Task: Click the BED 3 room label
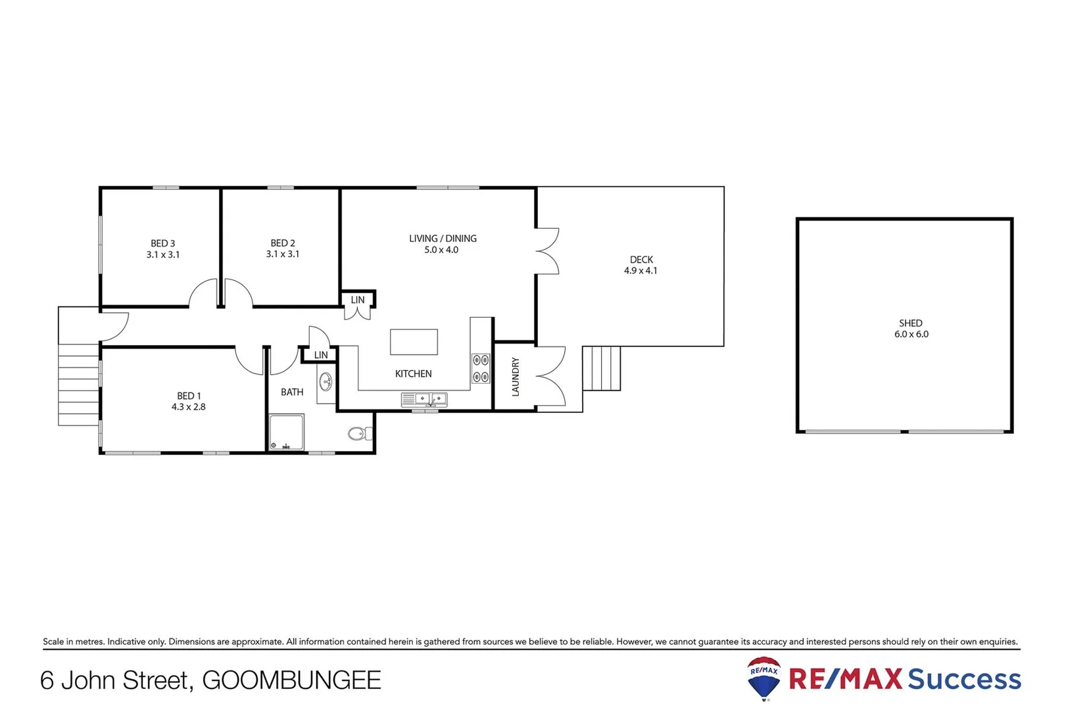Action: (163, 243)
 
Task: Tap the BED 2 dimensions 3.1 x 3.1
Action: (283, 254)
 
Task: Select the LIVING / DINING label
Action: (443, 239)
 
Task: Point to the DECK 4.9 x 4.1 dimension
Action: (641, 271)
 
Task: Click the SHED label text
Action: (911, 323)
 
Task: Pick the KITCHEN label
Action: (413, 374)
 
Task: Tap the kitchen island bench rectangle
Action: (414, 342)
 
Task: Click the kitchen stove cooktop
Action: (481, 368)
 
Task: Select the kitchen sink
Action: (424, 399)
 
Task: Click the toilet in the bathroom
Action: (359, 434)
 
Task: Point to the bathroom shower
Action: (287, 432)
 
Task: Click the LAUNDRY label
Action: (516, 377)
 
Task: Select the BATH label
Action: (292, 392)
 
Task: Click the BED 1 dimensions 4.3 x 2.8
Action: (189, 407)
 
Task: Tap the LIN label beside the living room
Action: (358, 300)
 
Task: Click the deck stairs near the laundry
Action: (602, 368)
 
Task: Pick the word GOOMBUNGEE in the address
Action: (291, 680)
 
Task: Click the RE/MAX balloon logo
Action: (764, 677)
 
